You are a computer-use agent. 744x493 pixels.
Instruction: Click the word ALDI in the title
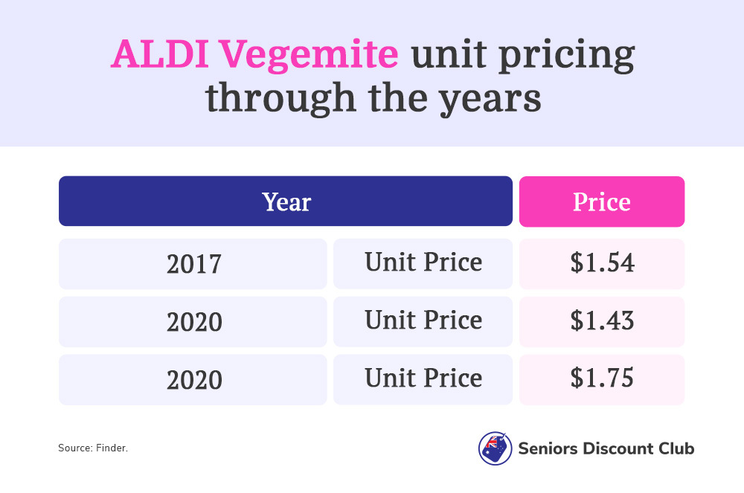coord(160,54)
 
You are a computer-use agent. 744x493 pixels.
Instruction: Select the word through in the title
coord(280,98)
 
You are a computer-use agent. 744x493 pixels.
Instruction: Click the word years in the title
coord(490,100)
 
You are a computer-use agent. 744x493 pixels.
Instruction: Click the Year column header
coord(286,202)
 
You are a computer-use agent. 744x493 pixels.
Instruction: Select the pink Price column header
coord(602,202)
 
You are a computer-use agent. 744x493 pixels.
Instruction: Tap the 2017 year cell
coord(193,264)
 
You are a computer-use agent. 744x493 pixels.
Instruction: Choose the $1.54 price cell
coord(602,264)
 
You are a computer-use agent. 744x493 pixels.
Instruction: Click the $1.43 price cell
coord(602,322)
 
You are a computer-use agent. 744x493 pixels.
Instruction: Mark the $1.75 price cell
coord(602,380)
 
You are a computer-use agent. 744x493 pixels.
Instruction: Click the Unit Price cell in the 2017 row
coord(423,264)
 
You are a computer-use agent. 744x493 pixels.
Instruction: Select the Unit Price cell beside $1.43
coord(423,322)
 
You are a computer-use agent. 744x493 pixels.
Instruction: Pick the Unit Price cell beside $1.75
coord(423,380)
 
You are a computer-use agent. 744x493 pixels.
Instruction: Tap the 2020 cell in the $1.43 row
coord(193,322)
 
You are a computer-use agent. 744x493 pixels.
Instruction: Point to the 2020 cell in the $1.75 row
coord(193,380)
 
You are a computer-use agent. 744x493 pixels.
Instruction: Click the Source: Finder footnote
coord(93,448)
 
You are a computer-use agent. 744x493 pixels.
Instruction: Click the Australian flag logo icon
coord(495,448)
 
